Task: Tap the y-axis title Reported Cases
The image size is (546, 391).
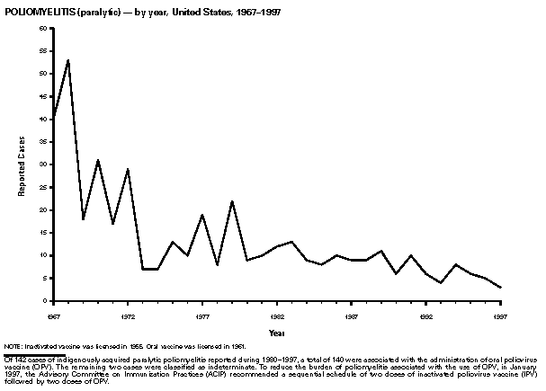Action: (21, 165)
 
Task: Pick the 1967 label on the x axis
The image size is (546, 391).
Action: (53, 316)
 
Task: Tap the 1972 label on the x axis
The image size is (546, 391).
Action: (128, 316)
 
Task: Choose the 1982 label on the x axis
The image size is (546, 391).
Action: (276, 316)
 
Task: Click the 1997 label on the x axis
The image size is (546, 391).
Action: (499, 316)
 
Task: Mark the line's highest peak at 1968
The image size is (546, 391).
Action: (68, 59)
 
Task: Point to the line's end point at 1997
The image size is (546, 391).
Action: (500, 288)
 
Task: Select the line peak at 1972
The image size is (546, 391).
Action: (128, 169)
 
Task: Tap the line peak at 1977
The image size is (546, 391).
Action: (202, 214)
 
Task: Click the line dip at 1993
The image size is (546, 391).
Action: (441, 282)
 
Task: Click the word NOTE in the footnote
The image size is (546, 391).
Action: (13, 346)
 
